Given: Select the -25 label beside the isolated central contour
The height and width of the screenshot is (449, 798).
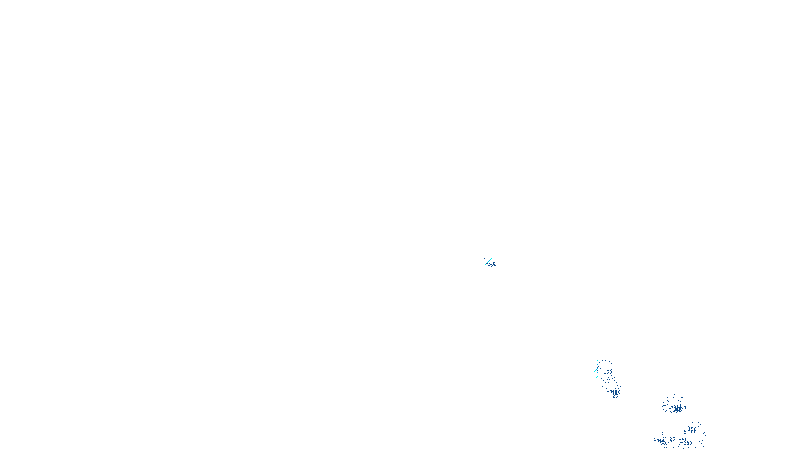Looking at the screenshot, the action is [493, 266].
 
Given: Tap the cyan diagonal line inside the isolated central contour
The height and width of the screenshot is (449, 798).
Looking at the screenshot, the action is [488, 261].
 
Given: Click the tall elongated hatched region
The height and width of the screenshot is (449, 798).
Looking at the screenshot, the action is [606, 377].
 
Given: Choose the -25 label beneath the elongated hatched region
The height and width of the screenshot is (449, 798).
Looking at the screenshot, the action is [615, 396].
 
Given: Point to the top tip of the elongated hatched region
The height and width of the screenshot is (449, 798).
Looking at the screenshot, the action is [602, 358].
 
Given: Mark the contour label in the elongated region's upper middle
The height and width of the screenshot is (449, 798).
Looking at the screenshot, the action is [608, 372].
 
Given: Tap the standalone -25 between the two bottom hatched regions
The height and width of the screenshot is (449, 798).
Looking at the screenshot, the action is [672, 440].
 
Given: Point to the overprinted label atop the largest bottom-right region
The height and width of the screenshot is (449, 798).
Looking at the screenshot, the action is [692, 429].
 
